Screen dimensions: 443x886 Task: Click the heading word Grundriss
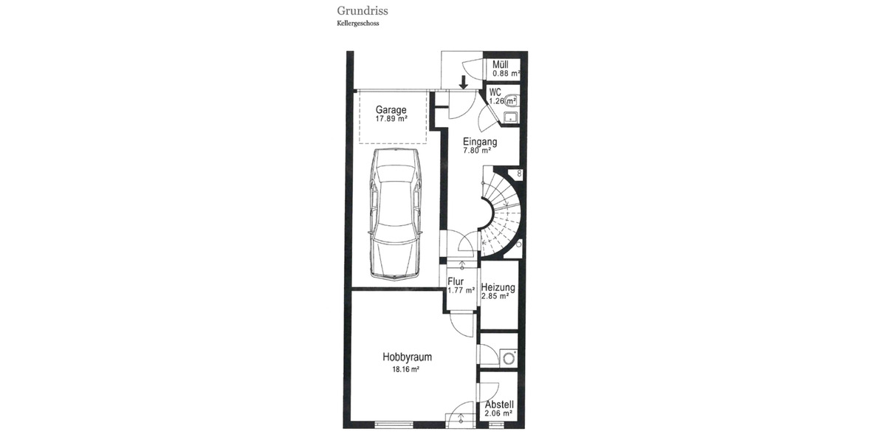coord(363,10)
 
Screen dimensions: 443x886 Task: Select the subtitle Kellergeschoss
coord(363,24)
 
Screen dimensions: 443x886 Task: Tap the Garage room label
coord(391,109)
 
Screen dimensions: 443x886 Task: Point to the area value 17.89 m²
coord(391,119)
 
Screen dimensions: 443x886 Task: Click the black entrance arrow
coord(464,81)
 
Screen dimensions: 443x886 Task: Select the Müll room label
coord(501,64)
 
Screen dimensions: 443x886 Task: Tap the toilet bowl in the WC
coord(511,100)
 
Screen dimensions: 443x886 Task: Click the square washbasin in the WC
coord(509,117)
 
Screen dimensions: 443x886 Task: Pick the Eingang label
coord(479,142)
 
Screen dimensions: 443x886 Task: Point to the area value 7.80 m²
coord(476,151)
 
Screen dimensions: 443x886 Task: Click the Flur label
coord(456,281)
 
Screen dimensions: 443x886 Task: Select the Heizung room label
coord(498,287)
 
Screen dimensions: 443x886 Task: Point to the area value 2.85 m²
coord(495,297)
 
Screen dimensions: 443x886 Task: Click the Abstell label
coord(499,405)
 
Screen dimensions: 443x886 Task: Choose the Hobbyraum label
coord(407,357)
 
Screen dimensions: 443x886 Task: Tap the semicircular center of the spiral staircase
coord(487,214)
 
